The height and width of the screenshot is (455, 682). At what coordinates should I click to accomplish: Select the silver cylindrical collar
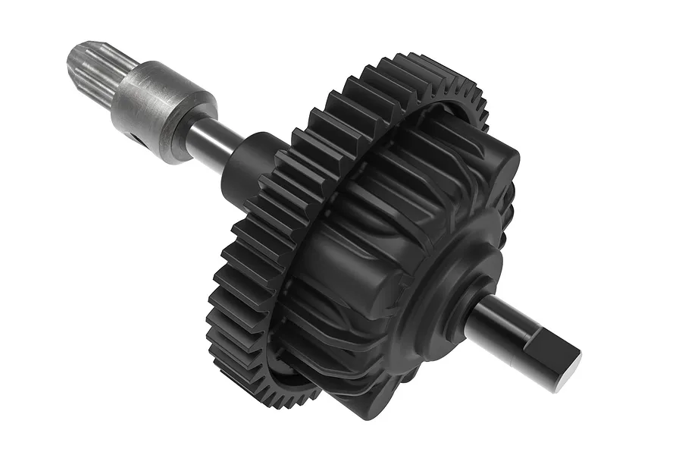coord(155,110)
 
